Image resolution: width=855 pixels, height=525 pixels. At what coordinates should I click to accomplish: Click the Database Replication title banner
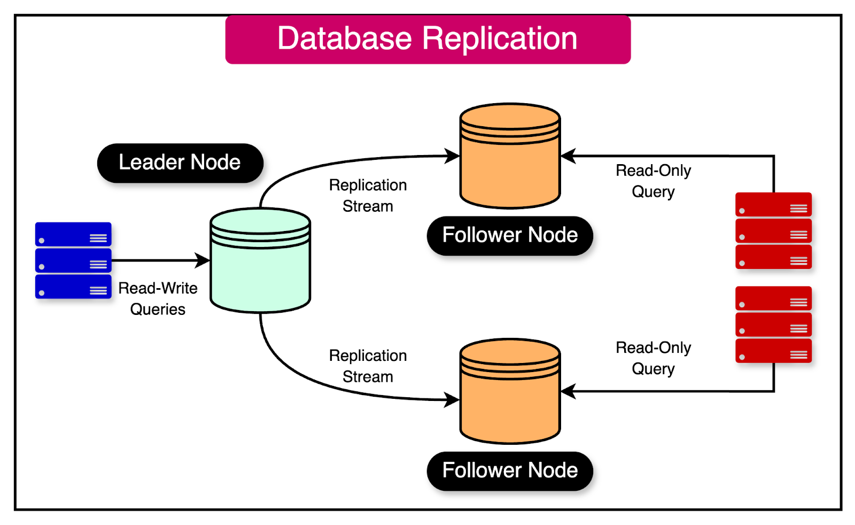click(428, 40)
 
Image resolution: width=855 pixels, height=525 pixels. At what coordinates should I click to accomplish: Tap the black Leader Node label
click(180, 163)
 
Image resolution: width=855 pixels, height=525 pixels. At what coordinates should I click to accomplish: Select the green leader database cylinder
click(260, 260)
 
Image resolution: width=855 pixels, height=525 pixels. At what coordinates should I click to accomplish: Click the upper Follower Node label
click(510, 235)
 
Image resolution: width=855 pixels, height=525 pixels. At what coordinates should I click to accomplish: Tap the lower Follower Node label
click(510, 470)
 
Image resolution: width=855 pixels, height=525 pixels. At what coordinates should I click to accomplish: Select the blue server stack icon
click(73, 260)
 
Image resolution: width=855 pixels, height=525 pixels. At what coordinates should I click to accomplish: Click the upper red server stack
click(773, 230)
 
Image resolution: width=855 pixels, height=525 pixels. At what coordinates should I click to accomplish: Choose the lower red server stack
click(773, 325)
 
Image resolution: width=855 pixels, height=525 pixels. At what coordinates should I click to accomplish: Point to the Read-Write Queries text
click(158, 298)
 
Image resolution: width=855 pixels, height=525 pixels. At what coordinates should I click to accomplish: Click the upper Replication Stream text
click(368, 195)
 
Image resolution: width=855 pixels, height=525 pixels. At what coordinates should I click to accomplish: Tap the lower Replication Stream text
click(368, 366)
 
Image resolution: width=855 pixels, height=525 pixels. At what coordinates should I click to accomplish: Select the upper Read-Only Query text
click(653, 181)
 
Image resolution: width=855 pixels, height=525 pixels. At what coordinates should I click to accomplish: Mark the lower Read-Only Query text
click(653, 358)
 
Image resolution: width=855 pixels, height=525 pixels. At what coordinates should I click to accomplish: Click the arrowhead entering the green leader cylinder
click(203, 260)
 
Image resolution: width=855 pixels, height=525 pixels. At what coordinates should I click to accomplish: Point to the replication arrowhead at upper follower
click(453, 156)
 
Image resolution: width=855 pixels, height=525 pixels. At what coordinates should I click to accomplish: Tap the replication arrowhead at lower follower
click(453, 399)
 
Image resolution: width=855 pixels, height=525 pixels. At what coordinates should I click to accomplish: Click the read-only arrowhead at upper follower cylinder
click(568, 156)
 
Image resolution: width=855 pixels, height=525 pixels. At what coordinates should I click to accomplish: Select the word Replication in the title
click(500, 40)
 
